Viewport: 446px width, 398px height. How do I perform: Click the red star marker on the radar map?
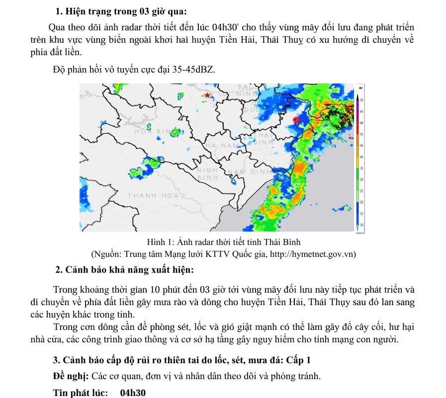[x=207, y=95]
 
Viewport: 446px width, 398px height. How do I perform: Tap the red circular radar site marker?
[x=295, y=120]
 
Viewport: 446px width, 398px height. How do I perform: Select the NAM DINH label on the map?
[x=251, y=172]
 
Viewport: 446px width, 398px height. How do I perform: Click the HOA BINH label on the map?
[x=153, y=132]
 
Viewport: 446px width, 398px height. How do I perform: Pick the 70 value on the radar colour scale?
[x=362, y=100]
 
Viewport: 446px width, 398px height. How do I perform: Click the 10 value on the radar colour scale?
[x=362, y=225]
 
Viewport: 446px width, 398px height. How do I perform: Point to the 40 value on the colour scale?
[x=362, y=157]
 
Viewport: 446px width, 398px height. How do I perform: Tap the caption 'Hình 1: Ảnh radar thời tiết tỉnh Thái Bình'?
[x=224, y=242]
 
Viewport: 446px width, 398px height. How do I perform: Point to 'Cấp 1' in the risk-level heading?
[x=299, y=360]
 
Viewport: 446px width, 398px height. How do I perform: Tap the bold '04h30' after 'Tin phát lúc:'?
[x=133, y=393]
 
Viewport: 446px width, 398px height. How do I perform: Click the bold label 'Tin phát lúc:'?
[x=81, y=393]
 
